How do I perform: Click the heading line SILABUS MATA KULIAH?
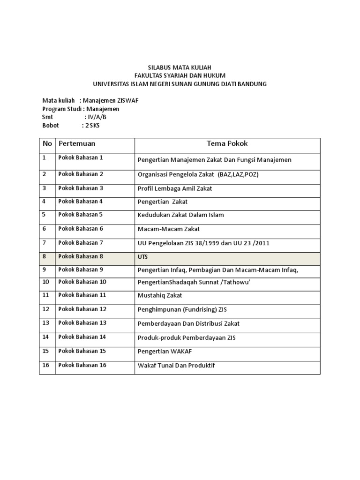pos(180,67)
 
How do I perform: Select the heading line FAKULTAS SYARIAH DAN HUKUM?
pos(180,75)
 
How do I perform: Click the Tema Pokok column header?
pos(227,143)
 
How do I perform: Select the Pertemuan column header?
pos(77,143)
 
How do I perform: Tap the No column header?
pos(47,143)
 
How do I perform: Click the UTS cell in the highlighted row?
pos(142,257)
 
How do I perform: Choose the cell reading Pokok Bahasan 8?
pos(81,256)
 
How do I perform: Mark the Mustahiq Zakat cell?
pos(160,296)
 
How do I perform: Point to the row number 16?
pos(46,365)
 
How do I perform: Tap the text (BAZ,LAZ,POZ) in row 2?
pos(238,174)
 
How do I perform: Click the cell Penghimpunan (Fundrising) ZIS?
pos(182,310)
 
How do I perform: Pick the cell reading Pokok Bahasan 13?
pos(82,323)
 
